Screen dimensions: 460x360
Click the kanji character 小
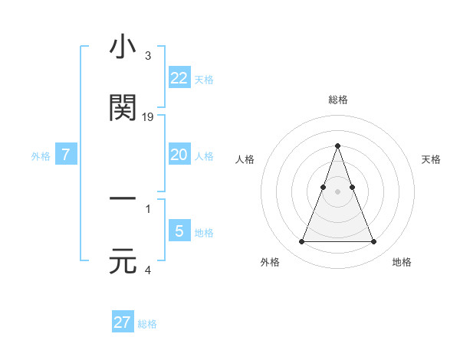(x=123, y=48)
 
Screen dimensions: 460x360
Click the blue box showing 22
(x=179, y=77)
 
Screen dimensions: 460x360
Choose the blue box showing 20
(x=179, y=155)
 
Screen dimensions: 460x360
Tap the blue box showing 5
(x=179, y=231)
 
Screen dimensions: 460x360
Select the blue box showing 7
(x=66, y=155)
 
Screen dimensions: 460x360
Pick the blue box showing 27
(x=123, y=322)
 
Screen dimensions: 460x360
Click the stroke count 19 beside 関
(x=149, y=117)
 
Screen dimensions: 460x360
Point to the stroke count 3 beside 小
(x=147, y=56)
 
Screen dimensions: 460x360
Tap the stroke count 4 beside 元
(x=147, y=270)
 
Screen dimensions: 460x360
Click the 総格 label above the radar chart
(x=337, y=100)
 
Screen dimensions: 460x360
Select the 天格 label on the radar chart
(x=431, y=159)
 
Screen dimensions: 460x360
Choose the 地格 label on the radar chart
(x=402, y=262)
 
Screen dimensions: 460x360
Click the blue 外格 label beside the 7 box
(x=41, y=155)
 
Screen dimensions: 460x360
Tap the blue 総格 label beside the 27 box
(x=147, y=324)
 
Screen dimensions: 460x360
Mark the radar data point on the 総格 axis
(x=337, y=146)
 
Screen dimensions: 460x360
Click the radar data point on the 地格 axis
(x=373, y=242)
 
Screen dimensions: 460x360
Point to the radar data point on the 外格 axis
(x=301, y=242)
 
